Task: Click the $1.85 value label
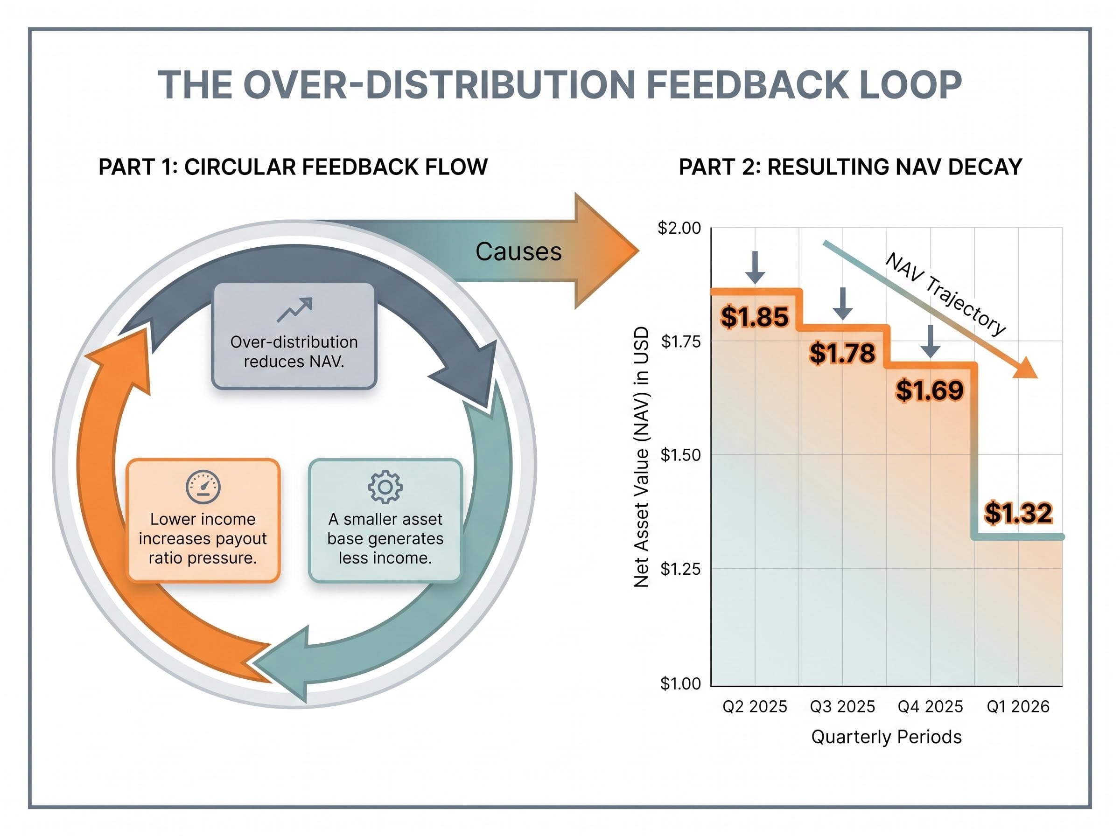coord(754,317)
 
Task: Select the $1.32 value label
coord(1018,513)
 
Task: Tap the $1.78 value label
coord(842,353)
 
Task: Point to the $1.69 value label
coord(930,390)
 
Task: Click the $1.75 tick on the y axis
coord(681,341)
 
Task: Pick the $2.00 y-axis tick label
coord(679,228)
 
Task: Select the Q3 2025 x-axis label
coord(842,706)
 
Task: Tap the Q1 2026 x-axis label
coord(1018,706)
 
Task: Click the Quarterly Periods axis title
coord(886,737)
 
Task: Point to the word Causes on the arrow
coord(518,251)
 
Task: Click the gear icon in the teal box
coord(385,487)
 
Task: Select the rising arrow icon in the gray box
coord(294,310)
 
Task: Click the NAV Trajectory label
coord(945,295)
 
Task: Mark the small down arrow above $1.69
coord(930,341)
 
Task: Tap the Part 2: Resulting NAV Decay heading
coord(850,167)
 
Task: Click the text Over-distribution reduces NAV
coord(294,352)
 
